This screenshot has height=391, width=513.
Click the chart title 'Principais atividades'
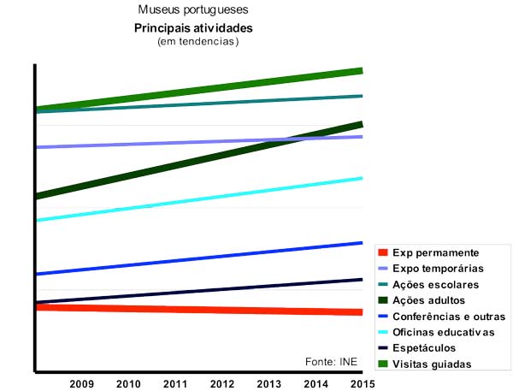tap(192, 29)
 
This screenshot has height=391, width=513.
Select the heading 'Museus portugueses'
tap(192, 11)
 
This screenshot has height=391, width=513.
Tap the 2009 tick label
tap(82, 382)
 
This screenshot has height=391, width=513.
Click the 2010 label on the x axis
tap(128, 382)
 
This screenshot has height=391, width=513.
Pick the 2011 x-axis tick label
tap(175, 382)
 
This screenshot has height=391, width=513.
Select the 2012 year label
tap(222, 382)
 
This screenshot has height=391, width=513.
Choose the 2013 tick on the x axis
tap(268, 382)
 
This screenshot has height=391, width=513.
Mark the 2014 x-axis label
tap(315, 382)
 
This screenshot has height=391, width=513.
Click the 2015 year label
tap(362, 382)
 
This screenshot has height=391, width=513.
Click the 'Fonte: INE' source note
tap(331, 362)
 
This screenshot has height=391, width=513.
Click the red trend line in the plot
tap(197, 309)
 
